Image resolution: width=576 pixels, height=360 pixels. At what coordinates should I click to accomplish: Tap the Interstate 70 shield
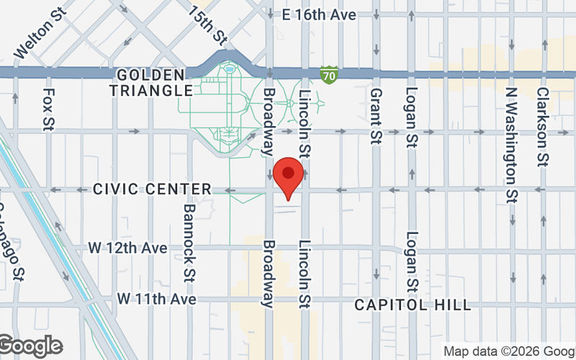[x=329, y=74]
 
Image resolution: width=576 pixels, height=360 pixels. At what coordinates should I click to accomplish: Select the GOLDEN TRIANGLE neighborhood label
[x=154, y=83]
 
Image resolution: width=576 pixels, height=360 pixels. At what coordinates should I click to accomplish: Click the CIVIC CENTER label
[x=152, y=189]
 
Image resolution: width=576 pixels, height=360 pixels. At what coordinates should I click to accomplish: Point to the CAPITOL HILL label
[x=413, y=305]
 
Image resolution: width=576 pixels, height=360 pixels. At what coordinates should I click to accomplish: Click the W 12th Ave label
[x=128, y=248]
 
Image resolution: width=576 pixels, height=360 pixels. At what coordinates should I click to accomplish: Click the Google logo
[x=30, y=346]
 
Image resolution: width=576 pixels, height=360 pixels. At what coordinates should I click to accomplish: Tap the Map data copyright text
[x=508, y=351]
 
